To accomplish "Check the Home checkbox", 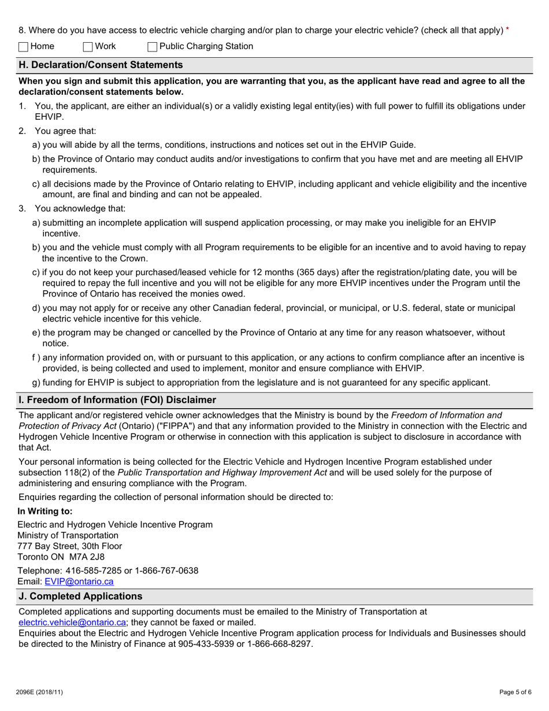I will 24,47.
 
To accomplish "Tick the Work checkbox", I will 88,47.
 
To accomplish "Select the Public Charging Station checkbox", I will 153,47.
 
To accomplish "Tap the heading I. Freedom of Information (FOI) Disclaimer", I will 117,400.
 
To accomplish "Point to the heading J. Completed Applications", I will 80,596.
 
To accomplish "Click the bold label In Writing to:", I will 45,511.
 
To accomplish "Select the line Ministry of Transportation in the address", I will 68,535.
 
